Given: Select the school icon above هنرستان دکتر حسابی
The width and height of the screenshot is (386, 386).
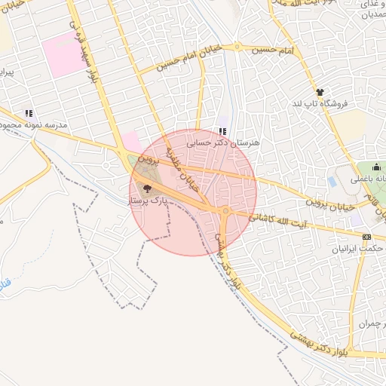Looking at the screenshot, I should [222, 130].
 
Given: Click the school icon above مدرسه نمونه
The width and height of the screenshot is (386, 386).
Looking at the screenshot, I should [29, 113].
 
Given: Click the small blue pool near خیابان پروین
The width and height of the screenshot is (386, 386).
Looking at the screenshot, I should [332, 182].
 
